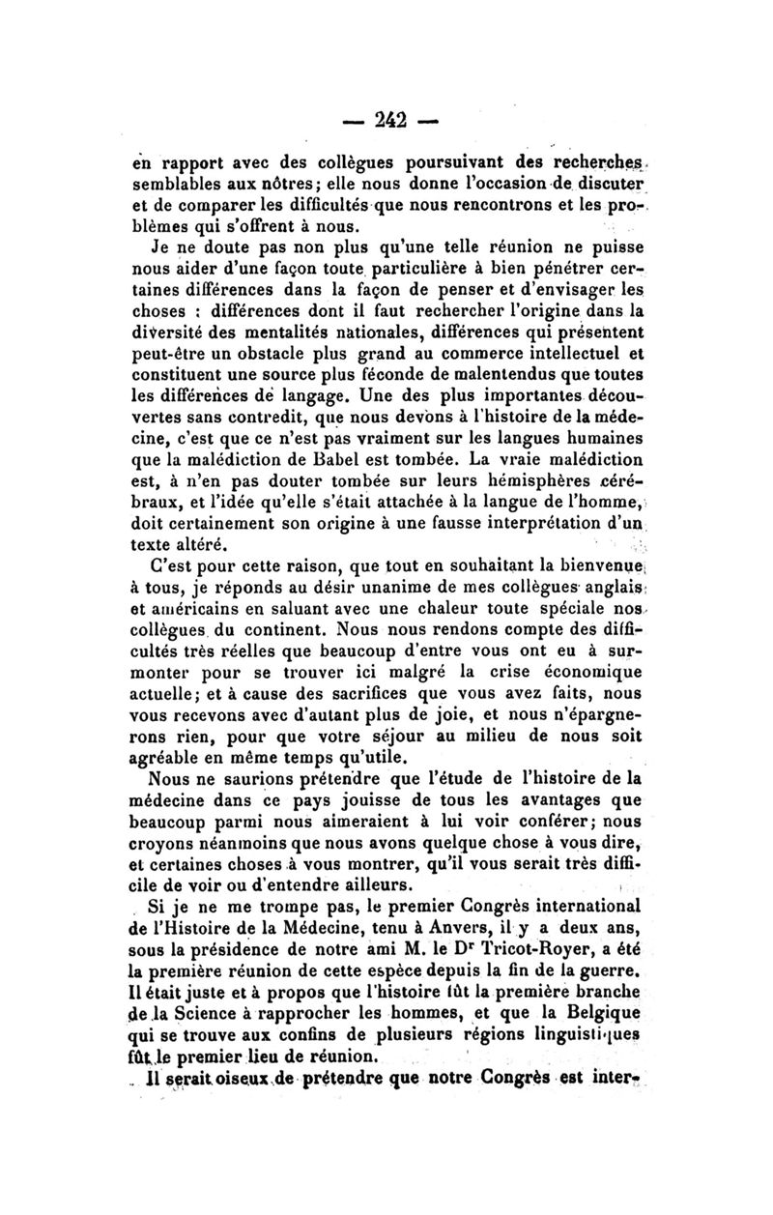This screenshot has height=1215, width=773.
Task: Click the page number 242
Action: pos(381,120)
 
